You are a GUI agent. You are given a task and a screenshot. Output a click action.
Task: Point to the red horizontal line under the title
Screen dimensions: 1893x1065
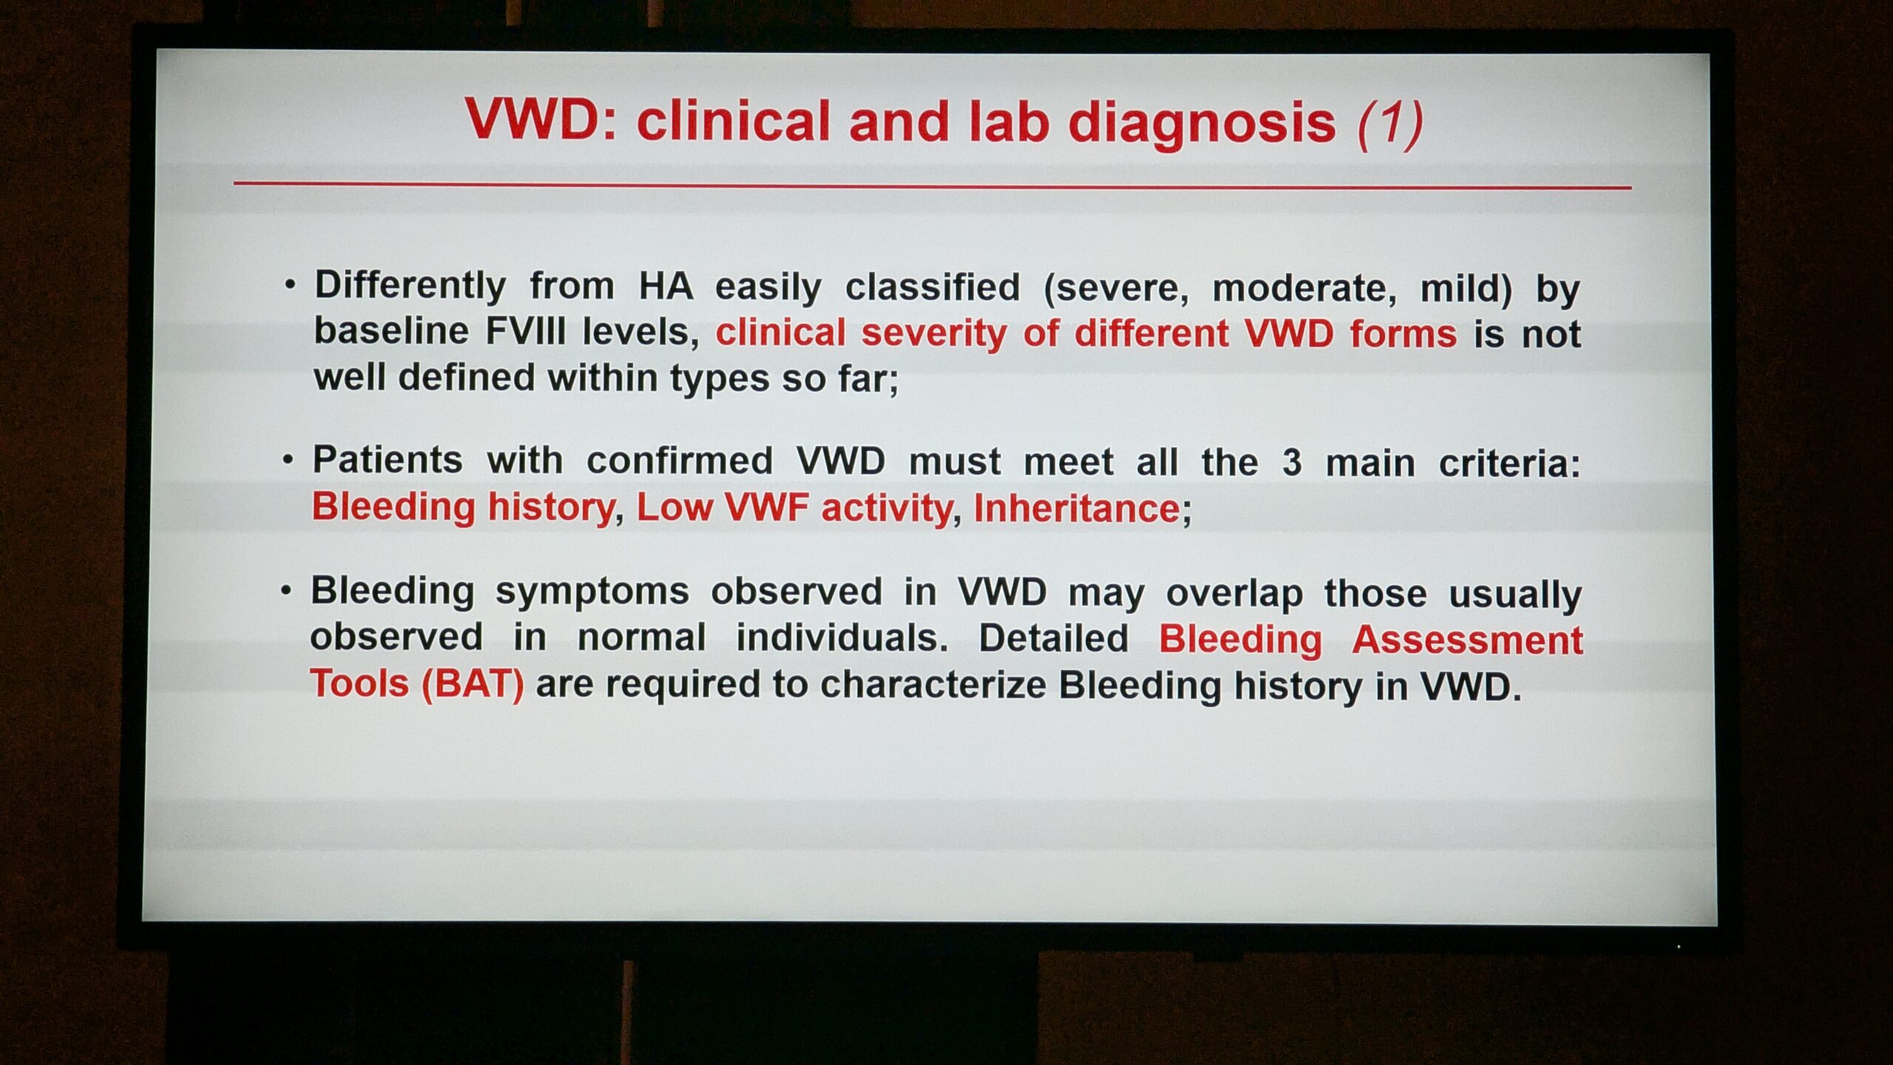point(932,185)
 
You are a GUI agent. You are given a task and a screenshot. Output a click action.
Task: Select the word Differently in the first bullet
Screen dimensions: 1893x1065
point(410,286)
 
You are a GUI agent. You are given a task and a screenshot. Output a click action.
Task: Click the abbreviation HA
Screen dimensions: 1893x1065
point(666,285)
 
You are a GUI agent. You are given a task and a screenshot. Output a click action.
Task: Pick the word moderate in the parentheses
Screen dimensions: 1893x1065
point(1304,288)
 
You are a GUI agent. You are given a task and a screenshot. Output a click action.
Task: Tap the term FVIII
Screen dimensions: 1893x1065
point(525,331)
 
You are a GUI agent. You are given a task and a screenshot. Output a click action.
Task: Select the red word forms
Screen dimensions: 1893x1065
point(1403,334)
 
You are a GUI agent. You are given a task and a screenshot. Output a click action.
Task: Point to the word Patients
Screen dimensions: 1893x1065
point(387,460)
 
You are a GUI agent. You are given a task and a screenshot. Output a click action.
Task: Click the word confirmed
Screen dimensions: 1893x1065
point(680,461)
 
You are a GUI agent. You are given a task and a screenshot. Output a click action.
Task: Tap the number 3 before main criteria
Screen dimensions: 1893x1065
point(1291,463)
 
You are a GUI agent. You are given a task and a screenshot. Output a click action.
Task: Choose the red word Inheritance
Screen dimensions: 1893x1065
point(1077,508)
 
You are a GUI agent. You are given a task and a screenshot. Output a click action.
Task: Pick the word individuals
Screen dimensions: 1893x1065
point(842,637)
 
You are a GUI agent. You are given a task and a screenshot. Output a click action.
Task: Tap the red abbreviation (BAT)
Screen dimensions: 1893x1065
point(473,683)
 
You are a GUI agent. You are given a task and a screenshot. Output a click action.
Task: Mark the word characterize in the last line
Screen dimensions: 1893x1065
point(932,684)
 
